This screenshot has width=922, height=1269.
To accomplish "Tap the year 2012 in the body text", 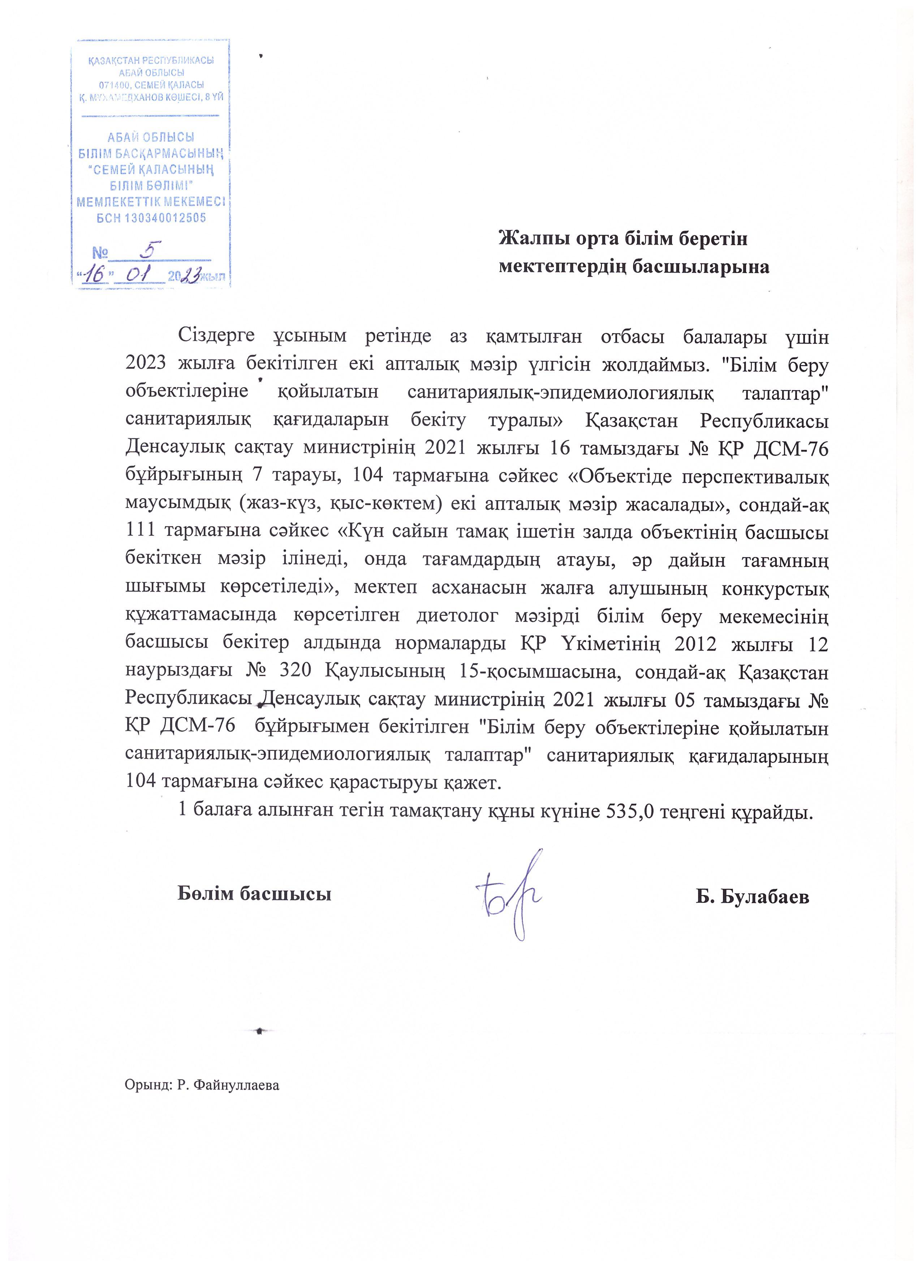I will [x=695, y=644].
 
